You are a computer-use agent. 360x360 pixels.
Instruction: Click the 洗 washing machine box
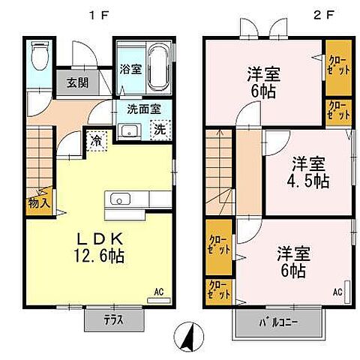pos(160,128)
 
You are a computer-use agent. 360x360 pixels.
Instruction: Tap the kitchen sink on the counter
pos(120,199)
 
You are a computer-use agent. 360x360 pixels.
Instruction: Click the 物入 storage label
pos(40,202)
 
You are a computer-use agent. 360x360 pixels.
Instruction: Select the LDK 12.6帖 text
pos(100,246)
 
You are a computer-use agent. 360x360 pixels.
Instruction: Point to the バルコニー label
pos(278,323)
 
